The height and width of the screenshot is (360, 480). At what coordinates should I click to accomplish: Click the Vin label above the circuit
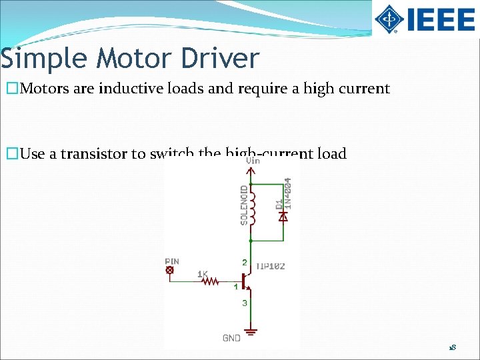pos(253,161)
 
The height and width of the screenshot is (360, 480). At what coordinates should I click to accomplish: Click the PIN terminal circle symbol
pos(170,270)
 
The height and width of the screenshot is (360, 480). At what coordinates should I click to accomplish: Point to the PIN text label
pos(172,261)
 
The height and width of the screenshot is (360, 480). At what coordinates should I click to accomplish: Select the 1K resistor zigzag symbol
pos(209,281)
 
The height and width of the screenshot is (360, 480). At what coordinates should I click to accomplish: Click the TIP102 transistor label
pos(271,266)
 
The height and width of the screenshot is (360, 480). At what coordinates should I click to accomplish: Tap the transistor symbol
pos(247,281)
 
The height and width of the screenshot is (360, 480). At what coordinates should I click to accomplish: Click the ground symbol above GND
pos(251,330)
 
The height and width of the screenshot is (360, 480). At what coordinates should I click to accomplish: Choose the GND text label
pos(231,339)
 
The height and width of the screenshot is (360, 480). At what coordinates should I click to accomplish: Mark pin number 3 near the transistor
pos(245,303)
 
